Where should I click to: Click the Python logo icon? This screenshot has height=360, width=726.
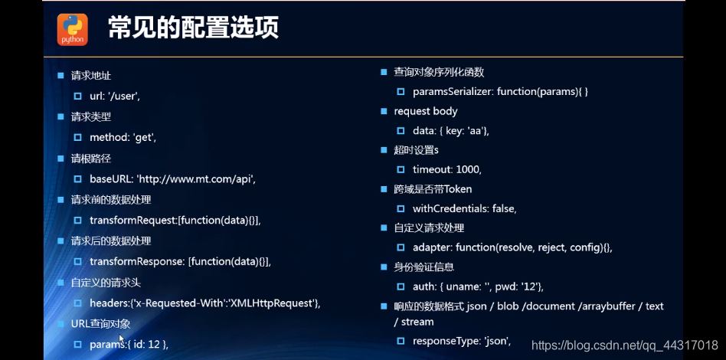tap(72, 30)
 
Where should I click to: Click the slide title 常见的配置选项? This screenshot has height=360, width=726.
tap(194, 28)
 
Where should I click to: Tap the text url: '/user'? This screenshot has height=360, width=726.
tap(115, 97)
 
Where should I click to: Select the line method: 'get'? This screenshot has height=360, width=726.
tap(123, 138)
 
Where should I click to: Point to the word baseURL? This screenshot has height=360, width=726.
tap(111, 178)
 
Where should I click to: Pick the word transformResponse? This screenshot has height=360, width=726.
tap(137, 261)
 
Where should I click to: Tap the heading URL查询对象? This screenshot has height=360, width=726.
tap(100, 324)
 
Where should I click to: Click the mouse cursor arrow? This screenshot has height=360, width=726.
tap(122, 341)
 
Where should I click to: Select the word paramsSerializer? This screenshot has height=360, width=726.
tap(453, 92)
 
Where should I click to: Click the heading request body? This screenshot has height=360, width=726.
tap(426, 112)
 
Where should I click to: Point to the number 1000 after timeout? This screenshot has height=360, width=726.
tap(468, 169)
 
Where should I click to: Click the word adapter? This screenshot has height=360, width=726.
tap(431, 248)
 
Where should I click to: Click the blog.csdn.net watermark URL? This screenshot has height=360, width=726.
tap(624, 345)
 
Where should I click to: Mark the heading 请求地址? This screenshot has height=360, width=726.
tap(90, 76)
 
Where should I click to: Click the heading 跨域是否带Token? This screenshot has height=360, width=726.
tap(433, 189)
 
